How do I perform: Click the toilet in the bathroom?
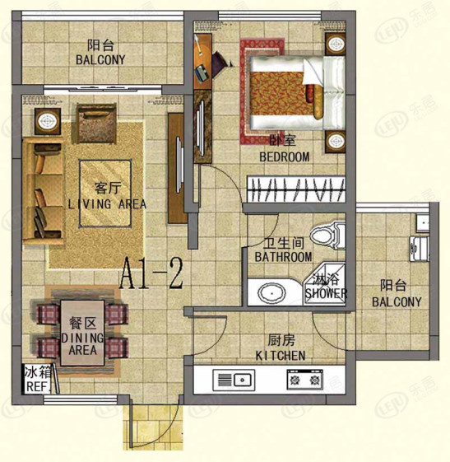[x=327, y=236]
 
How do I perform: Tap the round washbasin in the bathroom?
[x=271, y=293]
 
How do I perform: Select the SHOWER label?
[x=326, y=293]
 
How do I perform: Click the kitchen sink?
[x=234, y=380]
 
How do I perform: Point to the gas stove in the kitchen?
[x=305, y=380]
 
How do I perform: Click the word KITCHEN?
[x=281, y=356]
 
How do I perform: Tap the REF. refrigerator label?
[x=37, y=386]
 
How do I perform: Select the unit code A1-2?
[x=151, y=273]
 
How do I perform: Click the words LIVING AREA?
[x=107, y=204]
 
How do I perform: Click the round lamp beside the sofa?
[x=47, y=121]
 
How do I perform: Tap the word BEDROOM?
[x=285, y=156]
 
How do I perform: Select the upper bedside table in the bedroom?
[x=335, y=44]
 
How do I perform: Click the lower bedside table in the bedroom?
[x=335, y=141]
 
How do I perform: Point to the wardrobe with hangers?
[x=296, y=189]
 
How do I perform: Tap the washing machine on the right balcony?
[x=420, y=249]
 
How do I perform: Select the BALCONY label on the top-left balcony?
[x=100, y=60]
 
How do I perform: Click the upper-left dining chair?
[x=48, y=314]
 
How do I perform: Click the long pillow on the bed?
[x=318, y=101]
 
